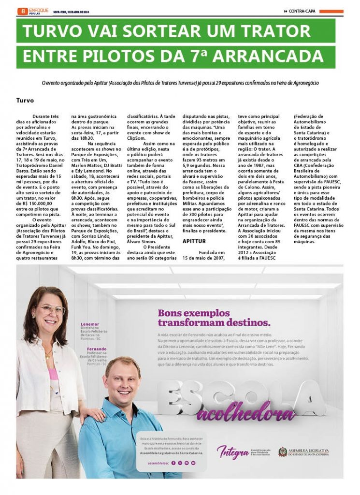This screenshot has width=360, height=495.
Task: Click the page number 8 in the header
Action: (21, 11)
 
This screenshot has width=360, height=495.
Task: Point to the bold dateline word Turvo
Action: (25, 101)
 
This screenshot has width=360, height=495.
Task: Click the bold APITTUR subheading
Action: (194, 241)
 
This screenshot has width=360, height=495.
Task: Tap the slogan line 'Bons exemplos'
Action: (194, 313)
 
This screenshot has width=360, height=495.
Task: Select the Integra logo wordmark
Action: (232, 452)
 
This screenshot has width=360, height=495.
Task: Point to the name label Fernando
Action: (97, 349)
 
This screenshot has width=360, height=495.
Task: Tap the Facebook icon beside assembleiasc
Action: (173, 463)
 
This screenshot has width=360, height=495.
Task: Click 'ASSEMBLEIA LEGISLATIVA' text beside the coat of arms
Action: (309, 450)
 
